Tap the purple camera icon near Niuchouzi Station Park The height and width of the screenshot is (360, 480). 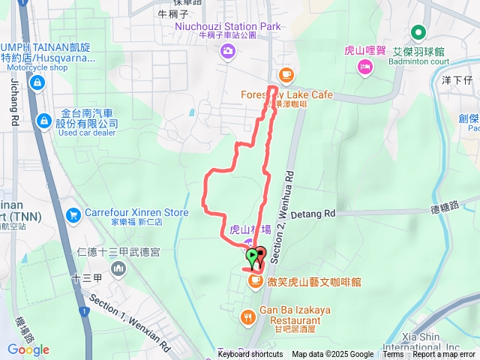click(226, 51)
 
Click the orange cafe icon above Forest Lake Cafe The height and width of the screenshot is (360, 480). click(285, 74)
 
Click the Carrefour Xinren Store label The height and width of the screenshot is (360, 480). click(136, 212)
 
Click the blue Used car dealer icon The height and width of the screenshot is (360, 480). click(43, 119)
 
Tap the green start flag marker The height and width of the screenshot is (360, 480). click(252, 258)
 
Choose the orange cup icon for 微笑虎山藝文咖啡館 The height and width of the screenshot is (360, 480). click(256, 281)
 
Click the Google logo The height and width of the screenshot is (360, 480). click(28, 349)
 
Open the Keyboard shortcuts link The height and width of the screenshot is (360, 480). click(250, 355)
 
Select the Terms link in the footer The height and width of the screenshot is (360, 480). click(393, 355)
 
